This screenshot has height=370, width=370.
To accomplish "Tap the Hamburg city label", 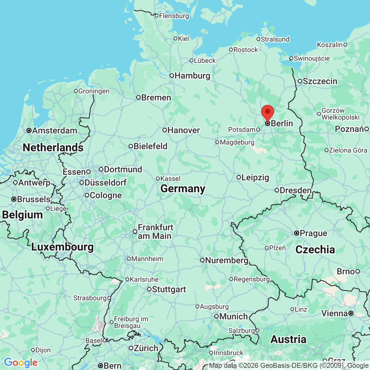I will click(192, 76).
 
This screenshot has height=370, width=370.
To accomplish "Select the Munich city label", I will click(233, 316).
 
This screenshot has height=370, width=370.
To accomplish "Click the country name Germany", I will click(183, 188).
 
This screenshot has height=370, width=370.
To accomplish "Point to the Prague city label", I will click(313, 233).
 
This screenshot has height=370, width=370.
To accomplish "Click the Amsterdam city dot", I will click(29, 131).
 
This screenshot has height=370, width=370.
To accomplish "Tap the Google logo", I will click(21, 363).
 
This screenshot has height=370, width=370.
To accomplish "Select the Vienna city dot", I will click(351, 314).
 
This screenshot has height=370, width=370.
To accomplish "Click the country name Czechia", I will click(315, 249).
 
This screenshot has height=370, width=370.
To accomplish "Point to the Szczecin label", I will click(320, 81).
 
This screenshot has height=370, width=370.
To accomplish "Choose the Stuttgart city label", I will click(169, 290).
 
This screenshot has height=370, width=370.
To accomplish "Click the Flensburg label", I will click(174, 16).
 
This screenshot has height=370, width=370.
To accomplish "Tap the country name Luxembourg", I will click(63, 247).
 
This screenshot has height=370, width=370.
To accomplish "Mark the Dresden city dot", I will click(277, 190).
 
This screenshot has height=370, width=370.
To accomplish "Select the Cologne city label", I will click(106, 195).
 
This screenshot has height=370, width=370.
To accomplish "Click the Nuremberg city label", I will click(227, 261).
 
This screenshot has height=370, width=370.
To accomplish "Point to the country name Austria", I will click(289, 339).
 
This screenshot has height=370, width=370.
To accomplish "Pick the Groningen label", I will click(94, 91).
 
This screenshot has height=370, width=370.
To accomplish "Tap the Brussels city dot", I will click(14, 199).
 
